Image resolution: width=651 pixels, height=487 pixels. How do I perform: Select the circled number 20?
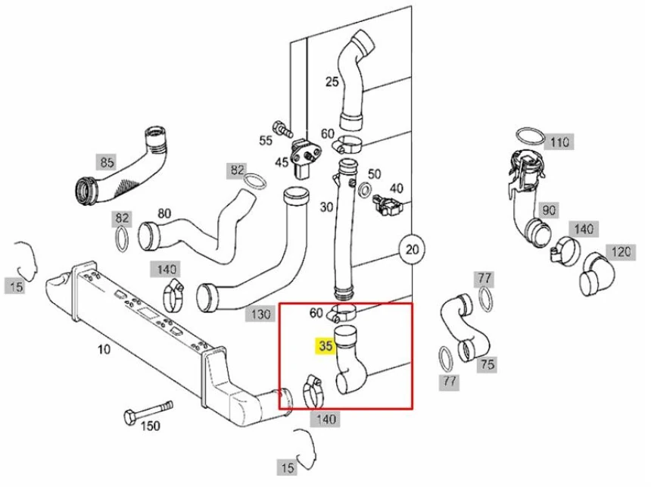412,249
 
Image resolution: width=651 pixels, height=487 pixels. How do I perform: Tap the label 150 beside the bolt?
151,426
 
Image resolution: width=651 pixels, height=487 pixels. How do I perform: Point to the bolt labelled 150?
147,411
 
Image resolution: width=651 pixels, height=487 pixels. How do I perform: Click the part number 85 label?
107,161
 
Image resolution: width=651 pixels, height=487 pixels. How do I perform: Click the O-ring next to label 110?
530,136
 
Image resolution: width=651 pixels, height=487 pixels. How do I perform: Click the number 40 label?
396,188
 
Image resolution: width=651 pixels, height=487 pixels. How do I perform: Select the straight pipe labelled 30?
344,227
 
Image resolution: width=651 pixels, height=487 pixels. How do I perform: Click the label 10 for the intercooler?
104,349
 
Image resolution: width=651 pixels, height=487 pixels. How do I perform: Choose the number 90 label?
548,209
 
